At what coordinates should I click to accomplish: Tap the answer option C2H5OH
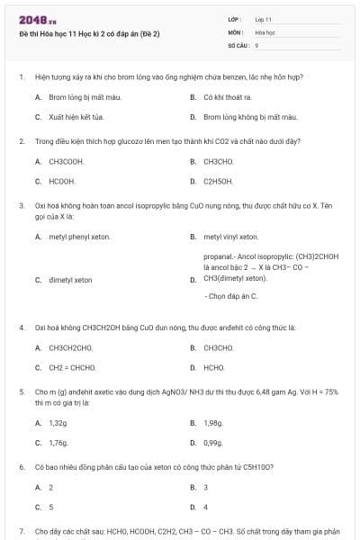[218, 182]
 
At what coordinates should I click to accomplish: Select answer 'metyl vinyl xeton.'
[230, 237]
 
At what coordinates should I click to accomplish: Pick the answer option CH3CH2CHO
[70, 347]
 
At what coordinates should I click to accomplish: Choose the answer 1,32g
[58, 422]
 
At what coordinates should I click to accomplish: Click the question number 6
[21, 467]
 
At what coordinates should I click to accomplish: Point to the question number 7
[21, 532]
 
